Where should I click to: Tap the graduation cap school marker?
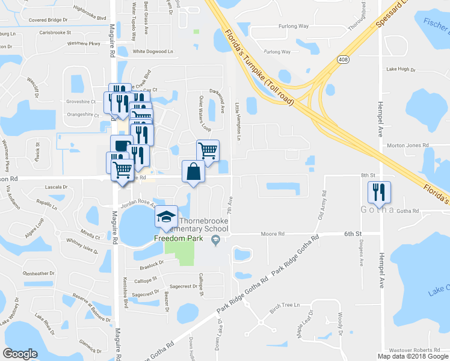click(166, 217)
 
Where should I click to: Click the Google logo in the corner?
click(20, 354)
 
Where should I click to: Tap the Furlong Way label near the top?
click(294, 26)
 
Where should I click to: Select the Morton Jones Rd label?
click(407, 146)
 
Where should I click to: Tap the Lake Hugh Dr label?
click(401, 69)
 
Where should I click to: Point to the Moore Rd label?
click(272, 233)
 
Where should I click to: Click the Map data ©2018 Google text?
click(412, 356)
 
